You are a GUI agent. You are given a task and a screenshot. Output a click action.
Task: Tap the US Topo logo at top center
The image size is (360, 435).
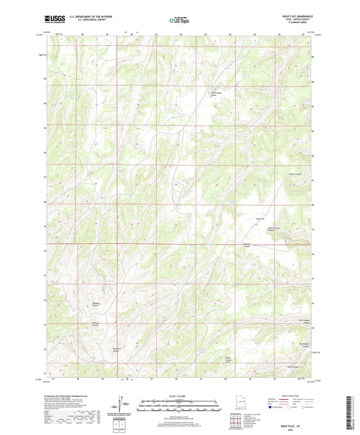click(178, 20)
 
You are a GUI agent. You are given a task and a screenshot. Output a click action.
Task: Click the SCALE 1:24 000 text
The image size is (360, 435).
click(179, 395)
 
